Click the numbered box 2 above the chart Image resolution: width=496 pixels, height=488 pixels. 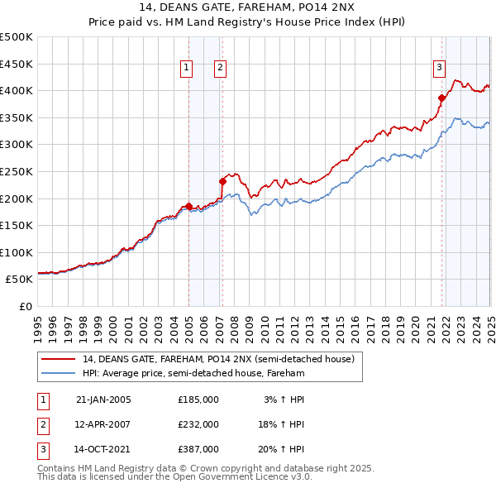tap(221, 69)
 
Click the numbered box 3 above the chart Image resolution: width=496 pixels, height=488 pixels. tap(439, 69)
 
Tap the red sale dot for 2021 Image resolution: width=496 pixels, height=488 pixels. tap(442, 98)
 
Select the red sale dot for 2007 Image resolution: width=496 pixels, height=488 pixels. tap(222, 181)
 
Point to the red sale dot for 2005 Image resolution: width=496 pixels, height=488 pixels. tap(188, 206)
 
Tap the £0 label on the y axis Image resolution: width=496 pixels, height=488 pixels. tap(25, 306)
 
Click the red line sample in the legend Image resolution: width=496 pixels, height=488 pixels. tap(60, 359)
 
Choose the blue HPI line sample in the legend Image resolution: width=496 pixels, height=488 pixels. tap(60, 373)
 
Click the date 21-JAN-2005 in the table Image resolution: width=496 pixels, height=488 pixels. tap(103, 399)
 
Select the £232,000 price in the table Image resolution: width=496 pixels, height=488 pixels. tap(198, 424)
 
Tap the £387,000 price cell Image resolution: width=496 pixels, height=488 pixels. tap(198, 450)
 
